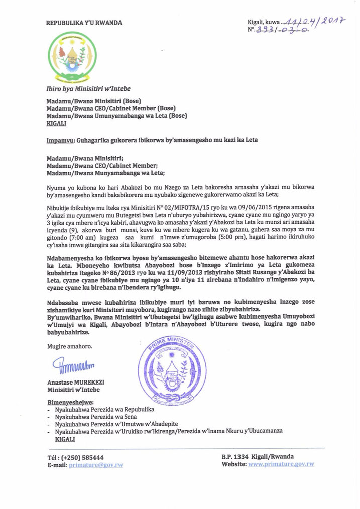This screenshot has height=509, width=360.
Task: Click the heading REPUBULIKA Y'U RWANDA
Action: (x=84, y=23)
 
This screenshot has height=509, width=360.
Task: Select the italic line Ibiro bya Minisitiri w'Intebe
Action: (x=88, y=89)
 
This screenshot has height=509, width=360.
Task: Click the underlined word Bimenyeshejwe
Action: (x=70, y=403)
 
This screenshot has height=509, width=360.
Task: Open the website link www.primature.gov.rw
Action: (x=281, y=464)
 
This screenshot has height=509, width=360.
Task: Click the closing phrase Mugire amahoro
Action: (x=69, y=346)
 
